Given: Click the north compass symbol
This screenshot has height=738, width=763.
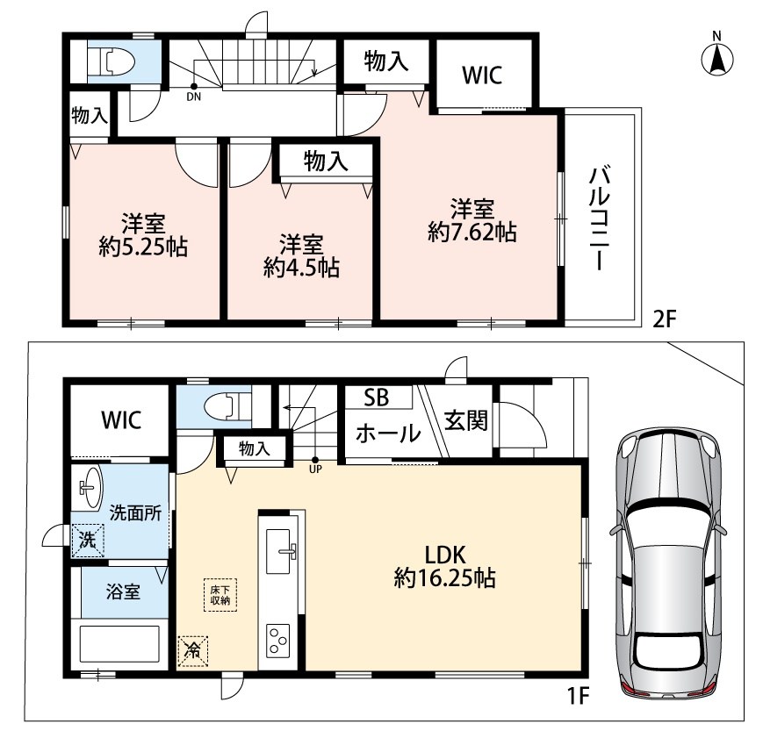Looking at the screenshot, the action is point(717,54).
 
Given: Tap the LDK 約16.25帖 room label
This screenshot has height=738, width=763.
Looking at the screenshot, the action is point(445,567).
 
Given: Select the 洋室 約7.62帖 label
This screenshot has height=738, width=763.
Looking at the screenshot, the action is point(472,220).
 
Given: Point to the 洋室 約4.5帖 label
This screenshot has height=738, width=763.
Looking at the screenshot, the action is point(301,256).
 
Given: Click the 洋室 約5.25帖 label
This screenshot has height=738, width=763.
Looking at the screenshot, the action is point(143,235).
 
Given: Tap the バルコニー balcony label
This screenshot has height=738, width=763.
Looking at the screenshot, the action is point(600,218).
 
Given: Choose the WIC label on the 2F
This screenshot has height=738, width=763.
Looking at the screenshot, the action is point(482,75).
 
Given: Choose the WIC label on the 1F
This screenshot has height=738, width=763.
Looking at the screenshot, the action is point(121,419).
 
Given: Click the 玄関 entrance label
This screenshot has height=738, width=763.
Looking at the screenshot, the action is point(465,421).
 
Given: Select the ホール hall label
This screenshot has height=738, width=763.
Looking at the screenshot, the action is point(388,433).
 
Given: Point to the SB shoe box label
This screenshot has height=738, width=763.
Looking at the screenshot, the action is point(377,398).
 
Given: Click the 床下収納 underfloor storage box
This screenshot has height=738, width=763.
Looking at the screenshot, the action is point(220,594).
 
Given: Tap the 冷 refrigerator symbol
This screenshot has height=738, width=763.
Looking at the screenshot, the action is point(193,650).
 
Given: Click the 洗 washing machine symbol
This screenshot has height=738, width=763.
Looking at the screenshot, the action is point(88,540).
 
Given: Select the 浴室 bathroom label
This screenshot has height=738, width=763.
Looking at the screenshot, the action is point(123,591).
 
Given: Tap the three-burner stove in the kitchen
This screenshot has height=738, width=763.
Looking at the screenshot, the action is point(277,640).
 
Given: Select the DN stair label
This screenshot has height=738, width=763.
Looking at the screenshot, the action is point(194,97).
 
